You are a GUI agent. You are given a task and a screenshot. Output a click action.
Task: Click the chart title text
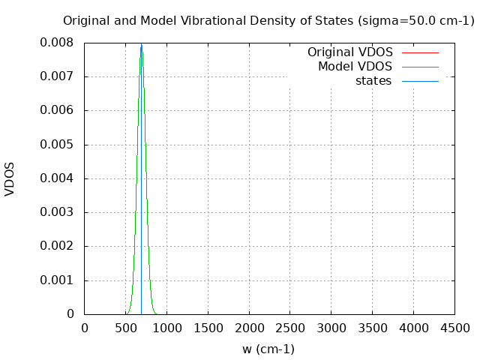268,21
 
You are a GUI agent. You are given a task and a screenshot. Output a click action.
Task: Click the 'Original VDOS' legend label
349,52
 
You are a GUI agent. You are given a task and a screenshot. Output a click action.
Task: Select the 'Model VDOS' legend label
355,67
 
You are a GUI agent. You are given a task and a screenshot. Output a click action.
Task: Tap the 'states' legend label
373,81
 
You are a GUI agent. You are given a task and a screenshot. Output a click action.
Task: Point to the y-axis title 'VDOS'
10,178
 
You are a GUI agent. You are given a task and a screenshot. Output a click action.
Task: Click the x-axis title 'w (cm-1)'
268,349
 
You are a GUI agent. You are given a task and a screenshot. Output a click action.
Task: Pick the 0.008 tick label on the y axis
57,43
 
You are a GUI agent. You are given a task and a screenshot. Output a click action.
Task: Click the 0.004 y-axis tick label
57,178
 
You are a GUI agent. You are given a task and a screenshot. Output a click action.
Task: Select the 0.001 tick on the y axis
57,280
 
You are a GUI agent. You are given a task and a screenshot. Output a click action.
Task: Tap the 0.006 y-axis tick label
57,110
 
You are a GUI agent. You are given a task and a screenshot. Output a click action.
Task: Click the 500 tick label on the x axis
125,328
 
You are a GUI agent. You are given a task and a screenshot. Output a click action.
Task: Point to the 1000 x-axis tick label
166,328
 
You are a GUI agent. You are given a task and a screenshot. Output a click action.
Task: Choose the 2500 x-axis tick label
290,328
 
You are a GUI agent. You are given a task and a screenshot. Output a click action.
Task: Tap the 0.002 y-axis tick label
57,246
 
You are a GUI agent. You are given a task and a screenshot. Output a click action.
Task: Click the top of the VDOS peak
141,45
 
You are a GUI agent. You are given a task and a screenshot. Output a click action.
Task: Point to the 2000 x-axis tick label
249,328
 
